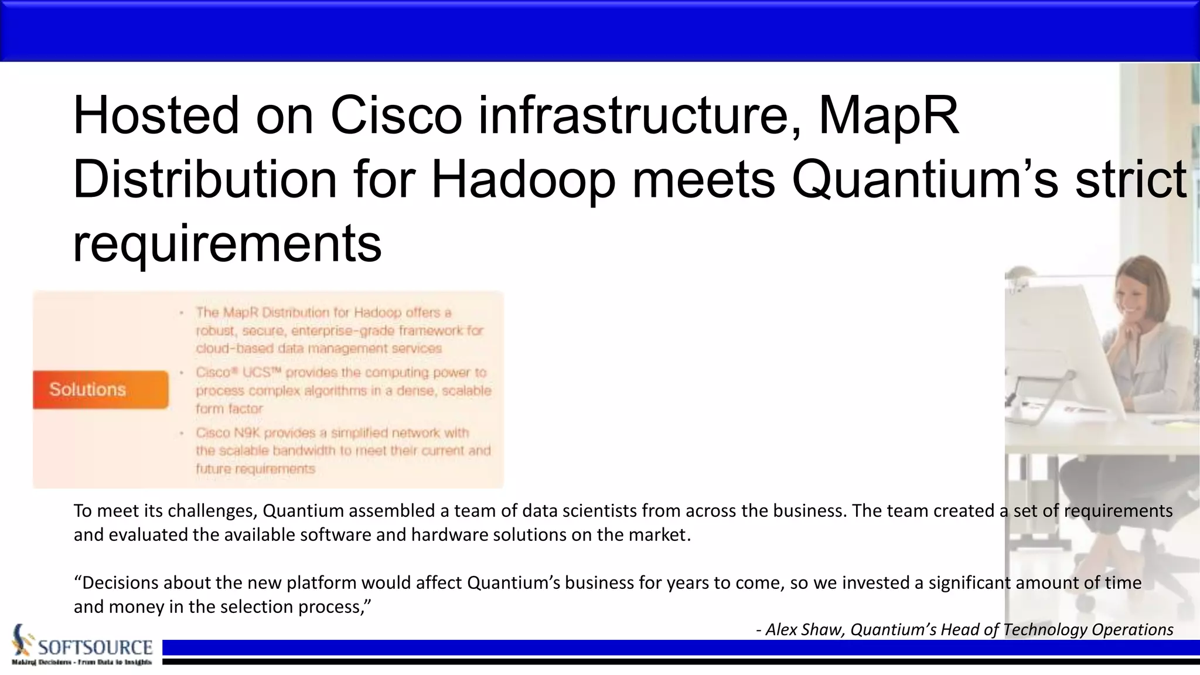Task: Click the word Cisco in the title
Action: coord(396,115)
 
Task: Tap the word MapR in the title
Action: coord(888,115)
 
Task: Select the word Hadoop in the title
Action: coord(523,180)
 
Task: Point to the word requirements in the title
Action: coord(227,243)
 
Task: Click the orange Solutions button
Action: coord(100,390)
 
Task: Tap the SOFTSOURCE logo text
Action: coord(95,647)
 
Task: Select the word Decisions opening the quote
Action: coord(120,583)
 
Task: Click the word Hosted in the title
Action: coord(156,115)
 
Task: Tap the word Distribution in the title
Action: coord(204,180)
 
